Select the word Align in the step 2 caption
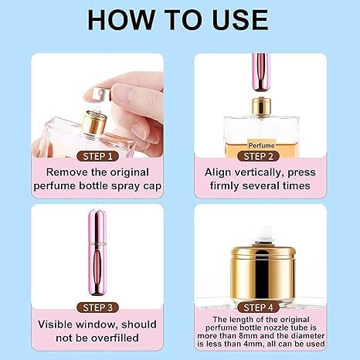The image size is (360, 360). point(220,172)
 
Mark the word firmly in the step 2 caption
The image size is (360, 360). point(228,185)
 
